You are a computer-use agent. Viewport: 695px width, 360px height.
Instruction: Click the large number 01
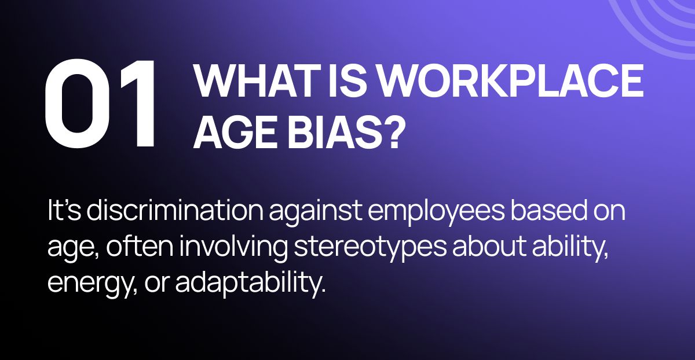(100, 104)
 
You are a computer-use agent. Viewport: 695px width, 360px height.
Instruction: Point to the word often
(140, 246)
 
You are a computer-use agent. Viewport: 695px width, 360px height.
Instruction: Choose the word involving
(233, 249)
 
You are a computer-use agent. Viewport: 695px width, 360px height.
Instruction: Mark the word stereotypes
(370, 249)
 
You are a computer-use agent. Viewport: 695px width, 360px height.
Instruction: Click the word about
(489, 247)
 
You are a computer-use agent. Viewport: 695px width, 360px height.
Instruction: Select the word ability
(570, 249)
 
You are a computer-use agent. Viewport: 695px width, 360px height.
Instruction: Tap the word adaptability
(251, 284)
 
